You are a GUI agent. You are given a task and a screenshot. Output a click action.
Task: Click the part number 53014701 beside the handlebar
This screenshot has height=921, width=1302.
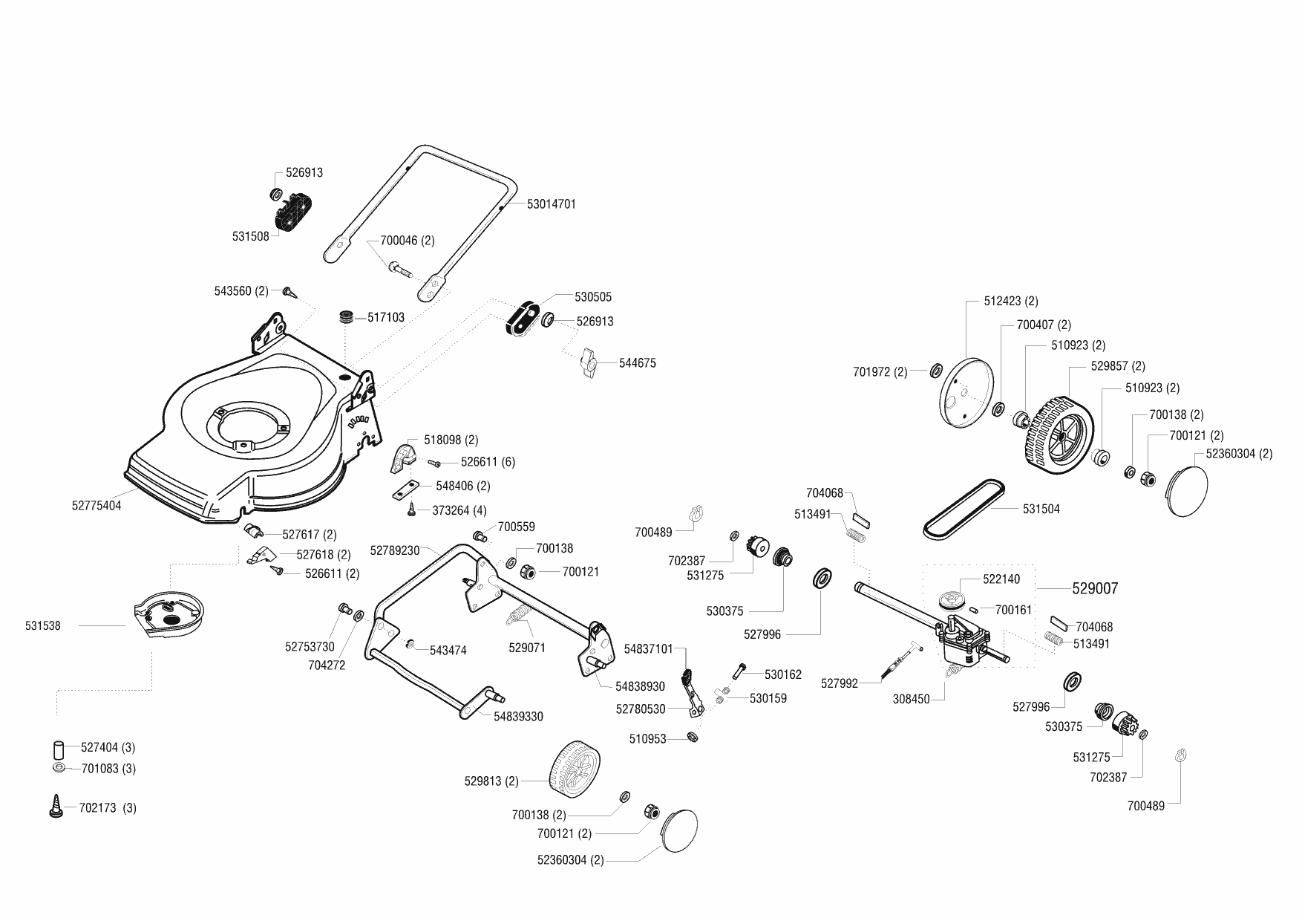pyautogui.click(x=551, y=204)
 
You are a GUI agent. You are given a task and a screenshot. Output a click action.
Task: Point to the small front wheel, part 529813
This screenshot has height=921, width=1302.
pyautogui.click(x=575, y=767)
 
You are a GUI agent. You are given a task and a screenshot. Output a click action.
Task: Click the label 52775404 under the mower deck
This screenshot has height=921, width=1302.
pyautogui.click(x=96, y=506)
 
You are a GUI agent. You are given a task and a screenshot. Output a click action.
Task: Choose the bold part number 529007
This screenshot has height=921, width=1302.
pyautogui.click(x=1095, y=588)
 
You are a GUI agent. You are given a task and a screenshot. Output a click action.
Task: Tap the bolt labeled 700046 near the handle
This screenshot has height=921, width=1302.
pyautogui.click(x=400, y=268)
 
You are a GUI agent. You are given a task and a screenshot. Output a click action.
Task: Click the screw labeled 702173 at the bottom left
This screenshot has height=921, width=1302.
pyautogui.click(x=54, y=807)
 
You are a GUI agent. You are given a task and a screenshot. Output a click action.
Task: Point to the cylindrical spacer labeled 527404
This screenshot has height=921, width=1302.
pyautogui.click(x=58, y=748)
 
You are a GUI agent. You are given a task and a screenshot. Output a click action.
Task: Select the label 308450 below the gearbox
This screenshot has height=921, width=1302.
pyautogui.click(x=912, y=699)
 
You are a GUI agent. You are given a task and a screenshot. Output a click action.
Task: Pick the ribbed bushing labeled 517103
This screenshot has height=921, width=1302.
pyautogui.click(x=346, y=317)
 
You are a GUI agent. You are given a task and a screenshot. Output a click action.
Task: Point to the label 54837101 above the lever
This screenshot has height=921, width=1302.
pyautogui.click(x=648, y=649)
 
